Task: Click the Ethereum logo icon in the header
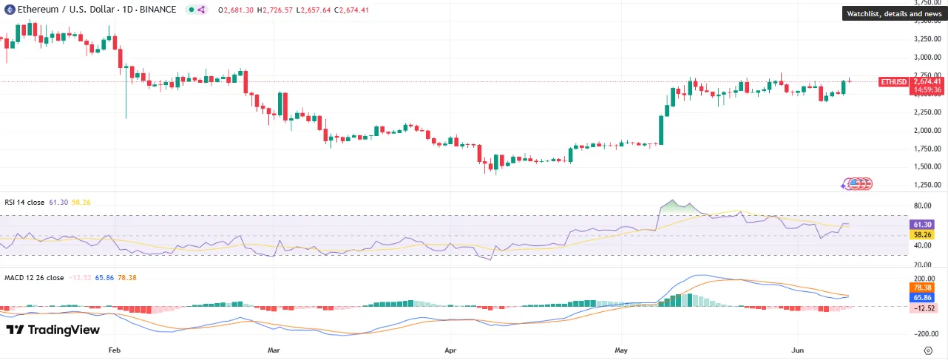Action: coord(10,10)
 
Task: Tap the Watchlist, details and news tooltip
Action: coord(894,13)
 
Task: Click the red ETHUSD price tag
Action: coord(893,81)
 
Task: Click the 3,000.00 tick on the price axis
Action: coord(927,57)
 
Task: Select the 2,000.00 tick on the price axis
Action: coord(927,130)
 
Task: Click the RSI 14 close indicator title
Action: coord(24,202)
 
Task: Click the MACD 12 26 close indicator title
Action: coord(34,278)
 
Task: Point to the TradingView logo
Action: coord(53,330)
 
